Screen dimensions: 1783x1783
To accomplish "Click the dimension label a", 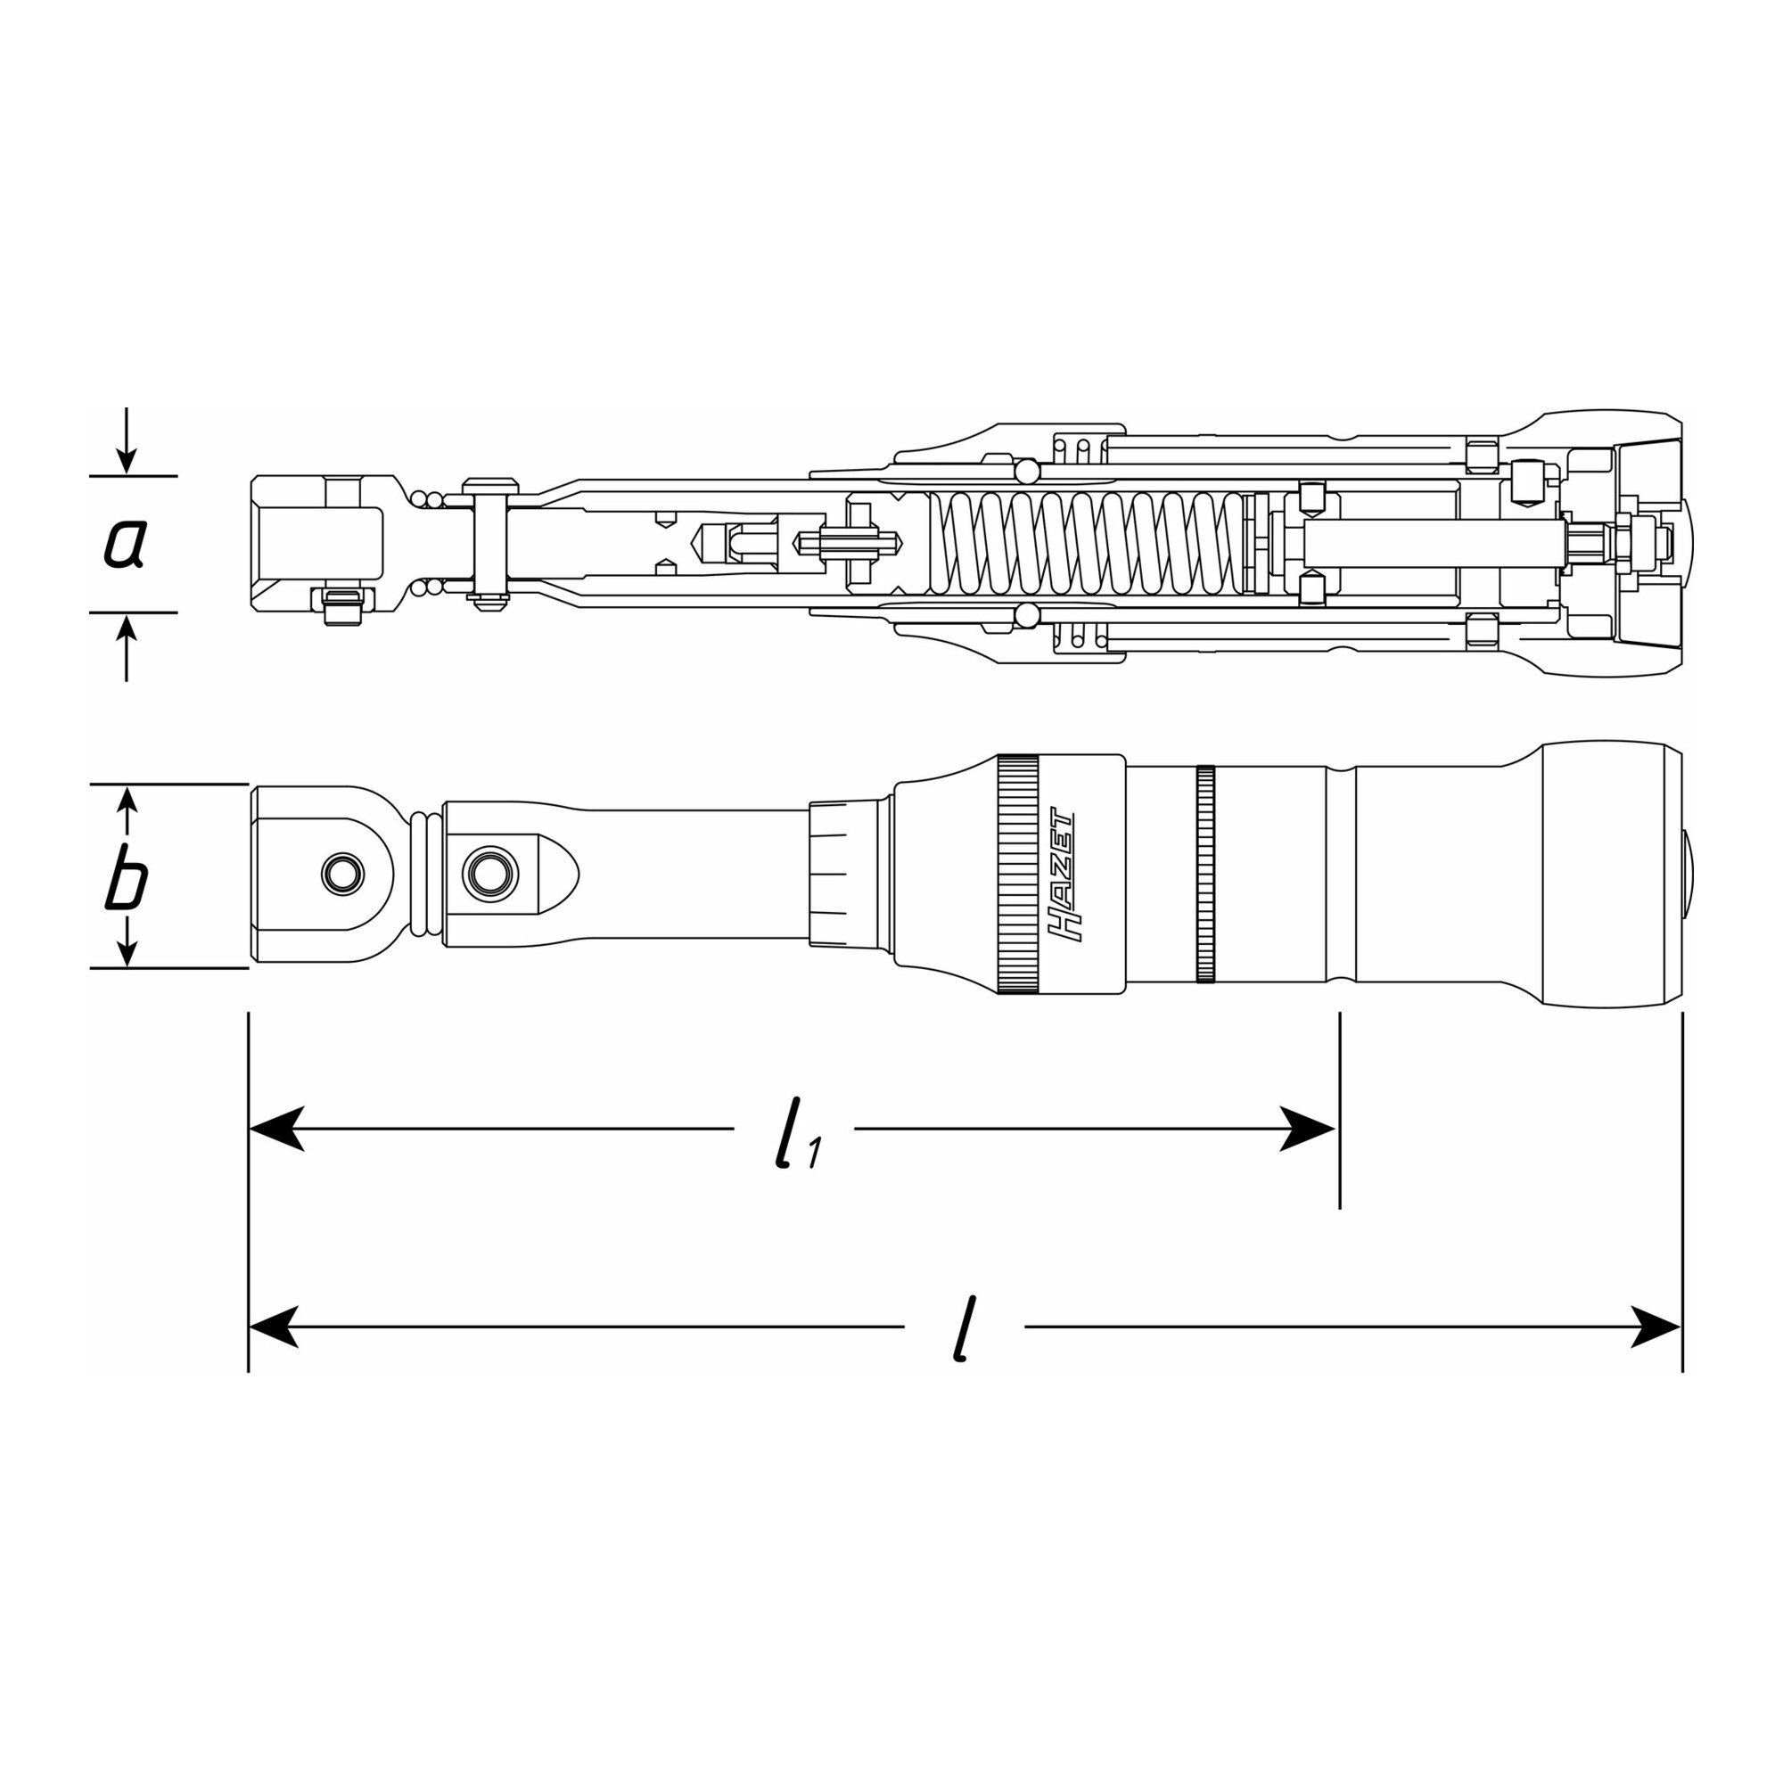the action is point(124,545).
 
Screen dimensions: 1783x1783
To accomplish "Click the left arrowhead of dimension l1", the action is point(277,1129).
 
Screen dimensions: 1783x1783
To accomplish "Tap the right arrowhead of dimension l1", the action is point(1308,1129).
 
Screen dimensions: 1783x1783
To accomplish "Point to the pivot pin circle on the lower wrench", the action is point(490,870).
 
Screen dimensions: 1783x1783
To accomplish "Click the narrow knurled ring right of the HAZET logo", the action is point(1205,874).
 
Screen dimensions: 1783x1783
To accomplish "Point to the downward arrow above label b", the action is point(127,811).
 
